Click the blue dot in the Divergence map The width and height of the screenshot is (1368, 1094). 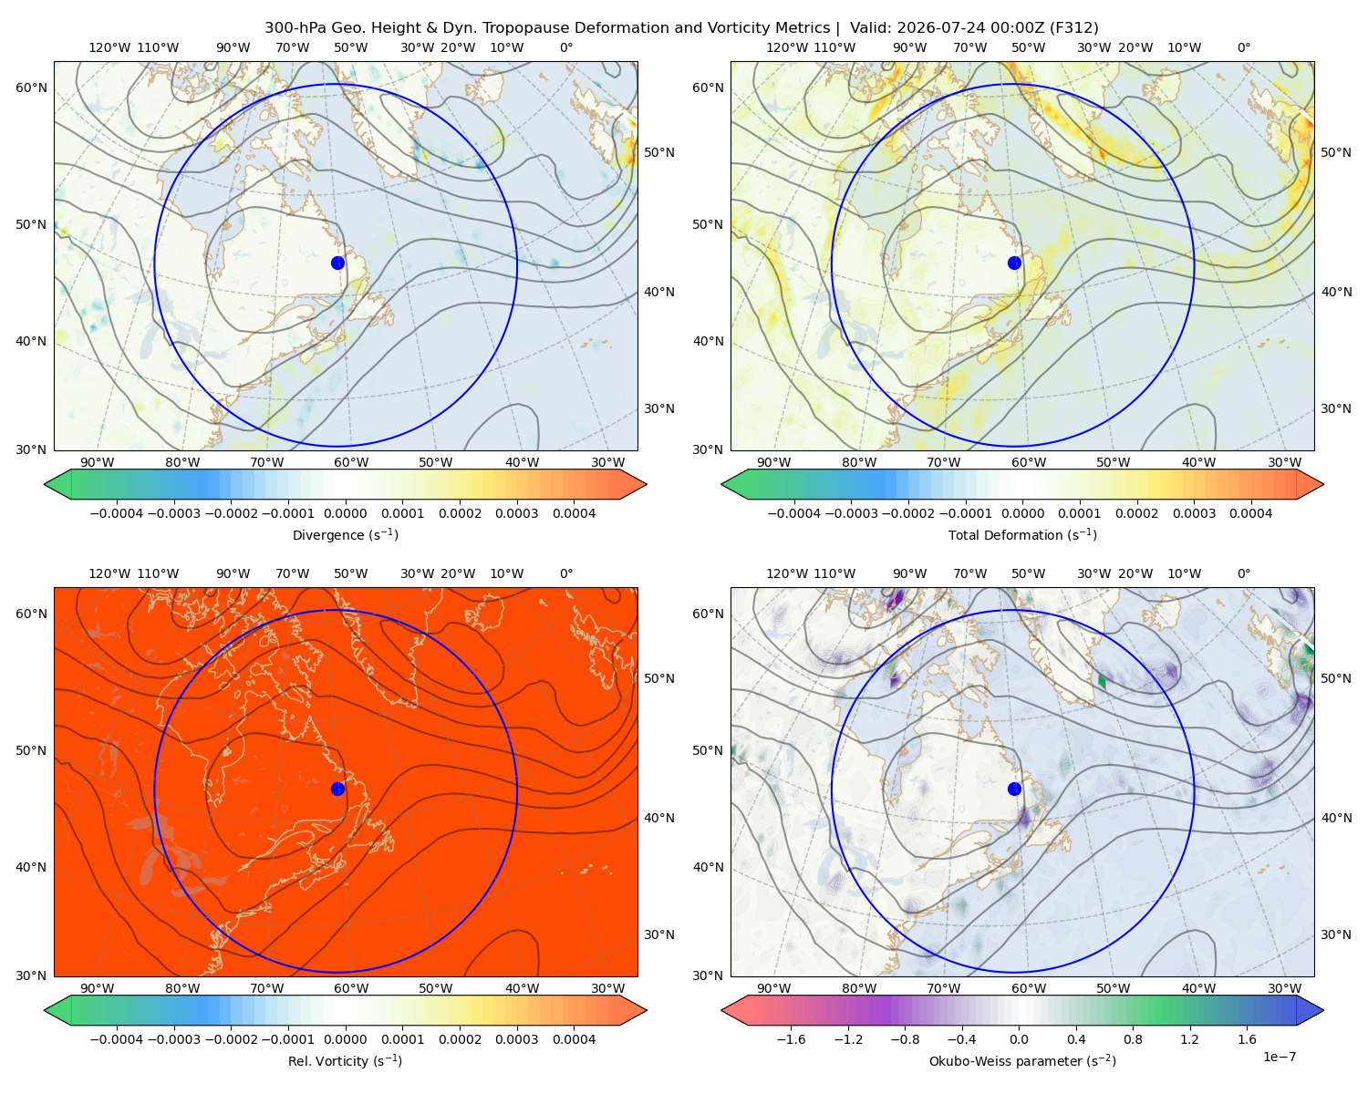click(x=337, y=263)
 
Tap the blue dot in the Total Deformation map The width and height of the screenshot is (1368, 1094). click(x=1014, y=263)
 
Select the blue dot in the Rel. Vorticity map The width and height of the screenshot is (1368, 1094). click(x=337, y=789)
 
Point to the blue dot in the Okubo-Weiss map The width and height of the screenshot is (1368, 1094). click(x=1014, y=789)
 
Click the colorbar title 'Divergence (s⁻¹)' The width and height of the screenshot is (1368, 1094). click(x=345, y=534)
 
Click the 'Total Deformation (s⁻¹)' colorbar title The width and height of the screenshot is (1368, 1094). click(x=1022, y=534)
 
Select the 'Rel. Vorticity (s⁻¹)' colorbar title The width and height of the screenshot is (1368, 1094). click(x=345, y=1060)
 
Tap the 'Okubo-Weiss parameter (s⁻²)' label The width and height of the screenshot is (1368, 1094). click(x=1022, y=1060)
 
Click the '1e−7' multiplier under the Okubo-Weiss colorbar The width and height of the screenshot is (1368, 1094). click(x=1279, y=1057)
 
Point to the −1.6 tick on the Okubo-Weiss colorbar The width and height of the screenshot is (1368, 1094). click(x=791, y=1039)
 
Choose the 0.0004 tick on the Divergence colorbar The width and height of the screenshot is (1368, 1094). click(x=574, y=513)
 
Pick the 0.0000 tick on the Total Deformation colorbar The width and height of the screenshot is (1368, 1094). click(x=1022, y=513)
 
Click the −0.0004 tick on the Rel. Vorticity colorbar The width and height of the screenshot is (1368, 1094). click(x=117, y=1039)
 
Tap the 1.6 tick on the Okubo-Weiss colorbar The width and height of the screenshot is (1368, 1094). click(x=1247, y=1039)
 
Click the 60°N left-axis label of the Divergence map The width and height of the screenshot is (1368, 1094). click(x=31, y=88)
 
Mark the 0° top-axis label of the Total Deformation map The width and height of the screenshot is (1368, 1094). click(x=1243, y=47)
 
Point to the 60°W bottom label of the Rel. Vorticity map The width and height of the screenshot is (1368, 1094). click(x=351, y=988)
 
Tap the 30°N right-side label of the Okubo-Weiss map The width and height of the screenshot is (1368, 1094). click(x=1335, y=934)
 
